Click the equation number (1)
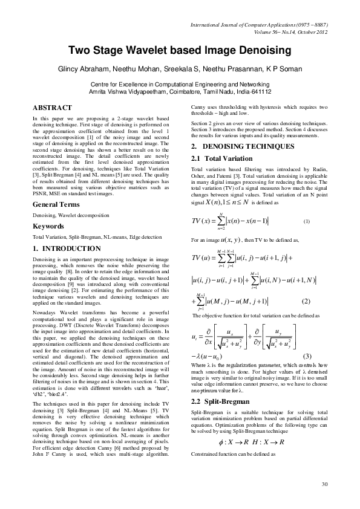[x=307, y=221]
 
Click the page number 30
[x=324, y=484]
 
